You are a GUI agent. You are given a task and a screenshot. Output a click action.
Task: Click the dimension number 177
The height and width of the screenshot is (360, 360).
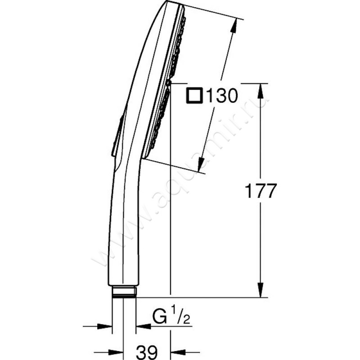(x=260, y=190)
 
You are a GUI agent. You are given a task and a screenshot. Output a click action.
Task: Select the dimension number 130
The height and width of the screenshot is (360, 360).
(x=222, y=96)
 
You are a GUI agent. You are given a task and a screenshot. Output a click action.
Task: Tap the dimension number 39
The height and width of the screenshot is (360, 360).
(x=147, y=352)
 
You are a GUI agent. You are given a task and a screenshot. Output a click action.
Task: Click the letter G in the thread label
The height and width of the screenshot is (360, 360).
(x=160, y=317)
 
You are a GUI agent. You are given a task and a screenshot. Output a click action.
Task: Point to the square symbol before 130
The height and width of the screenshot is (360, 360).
(x=194, y=96)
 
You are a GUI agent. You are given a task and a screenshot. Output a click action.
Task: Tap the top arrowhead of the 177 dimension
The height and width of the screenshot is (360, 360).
(x=260, y=92)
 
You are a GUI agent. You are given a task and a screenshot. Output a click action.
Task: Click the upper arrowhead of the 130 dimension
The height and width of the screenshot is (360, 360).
(x=234, y=27)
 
